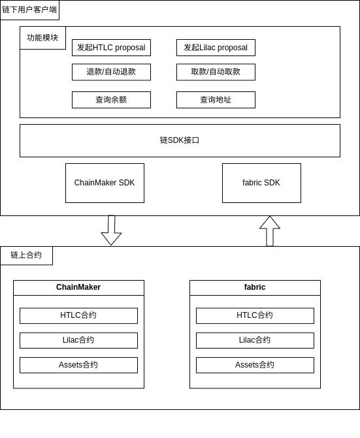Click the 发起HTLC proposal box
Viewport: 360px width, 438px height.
111,48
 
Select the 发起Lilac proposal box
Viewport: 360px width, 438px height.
216,48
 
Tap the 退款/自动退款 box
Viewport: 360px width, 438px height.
111,72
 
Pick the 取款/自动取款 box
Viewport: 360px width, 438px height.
216,72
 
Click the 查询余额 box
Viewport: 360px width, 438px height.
111,100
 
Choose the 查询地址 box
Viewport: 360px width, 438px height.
216,100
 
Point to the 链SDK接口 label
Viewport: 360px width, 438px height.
180,140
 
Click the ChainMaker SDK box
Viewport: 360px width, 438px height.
105,183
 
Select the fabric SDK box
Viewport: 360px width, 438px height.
261,183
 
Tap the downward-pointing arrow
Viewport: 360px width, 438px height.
111,230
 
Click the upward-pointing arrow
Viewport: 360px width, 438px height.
270,230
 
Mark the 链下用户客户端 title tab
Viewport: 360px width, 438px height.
29,10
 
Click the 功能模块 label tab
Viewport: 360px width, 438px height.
42,38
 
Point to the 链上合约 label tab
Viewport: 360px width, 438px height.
26,255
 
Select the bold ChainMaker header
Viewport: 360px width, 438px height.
78,287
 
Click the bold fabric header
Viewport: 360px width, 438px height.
255,287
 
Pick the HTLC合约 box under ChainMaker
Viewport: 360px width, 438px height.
78,315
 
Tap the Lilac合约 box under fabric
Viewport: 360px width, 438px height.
255,340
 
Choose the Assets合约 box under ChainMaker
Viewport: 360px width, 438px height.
78,365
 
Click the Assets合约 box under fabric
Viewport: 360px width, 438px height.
255,365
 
